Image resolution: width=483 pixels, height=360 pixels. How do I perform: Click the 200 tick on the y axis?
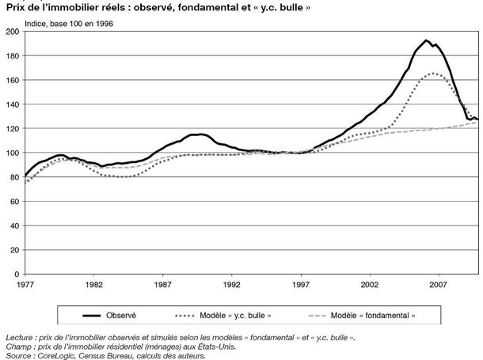(13, 32)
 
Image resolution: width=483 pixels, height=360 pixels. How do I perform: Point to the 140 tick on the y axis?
(13, 104)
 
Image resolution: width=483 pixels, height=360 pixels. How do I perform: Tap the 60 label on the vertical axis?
(14, 202)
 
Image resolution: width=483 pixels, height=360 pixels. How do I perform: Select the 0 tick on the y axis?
(17, 275)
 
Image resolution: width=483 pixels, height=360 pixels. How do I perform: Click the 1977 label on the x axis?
(25, 285)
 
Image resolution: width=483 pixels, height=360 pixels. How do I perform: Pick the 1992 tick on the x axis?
(232, 285)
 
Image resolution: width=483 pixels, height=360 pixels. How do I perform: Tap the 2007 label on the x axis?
(438, 285)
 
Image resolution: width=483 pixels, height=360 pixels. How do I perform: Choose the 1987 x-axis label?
(162, 285)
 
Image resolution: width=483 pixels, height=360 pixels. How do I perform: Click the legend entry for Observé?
(109, 316)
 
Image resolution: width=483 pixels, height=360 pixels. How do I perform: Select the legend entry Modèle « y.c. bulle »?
(223, 316)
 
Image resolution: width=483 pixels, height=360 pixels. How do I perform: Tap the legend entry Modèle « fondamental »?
(362, 316)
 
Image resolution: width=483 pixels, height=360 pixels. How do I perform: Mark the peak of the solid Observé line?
(426, 40)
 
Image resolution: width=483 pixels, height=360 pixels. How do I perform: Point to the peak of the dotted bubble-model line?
(433, 74)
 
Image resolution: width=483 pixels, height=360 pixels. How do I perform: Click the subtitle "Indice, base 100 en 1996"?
(69, 24)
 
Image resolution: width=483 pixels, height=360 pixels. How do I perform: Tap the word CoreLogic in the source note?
(55, 356)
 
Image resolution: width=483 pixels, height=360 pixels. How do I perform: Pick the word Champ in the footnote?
(17, 347)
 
